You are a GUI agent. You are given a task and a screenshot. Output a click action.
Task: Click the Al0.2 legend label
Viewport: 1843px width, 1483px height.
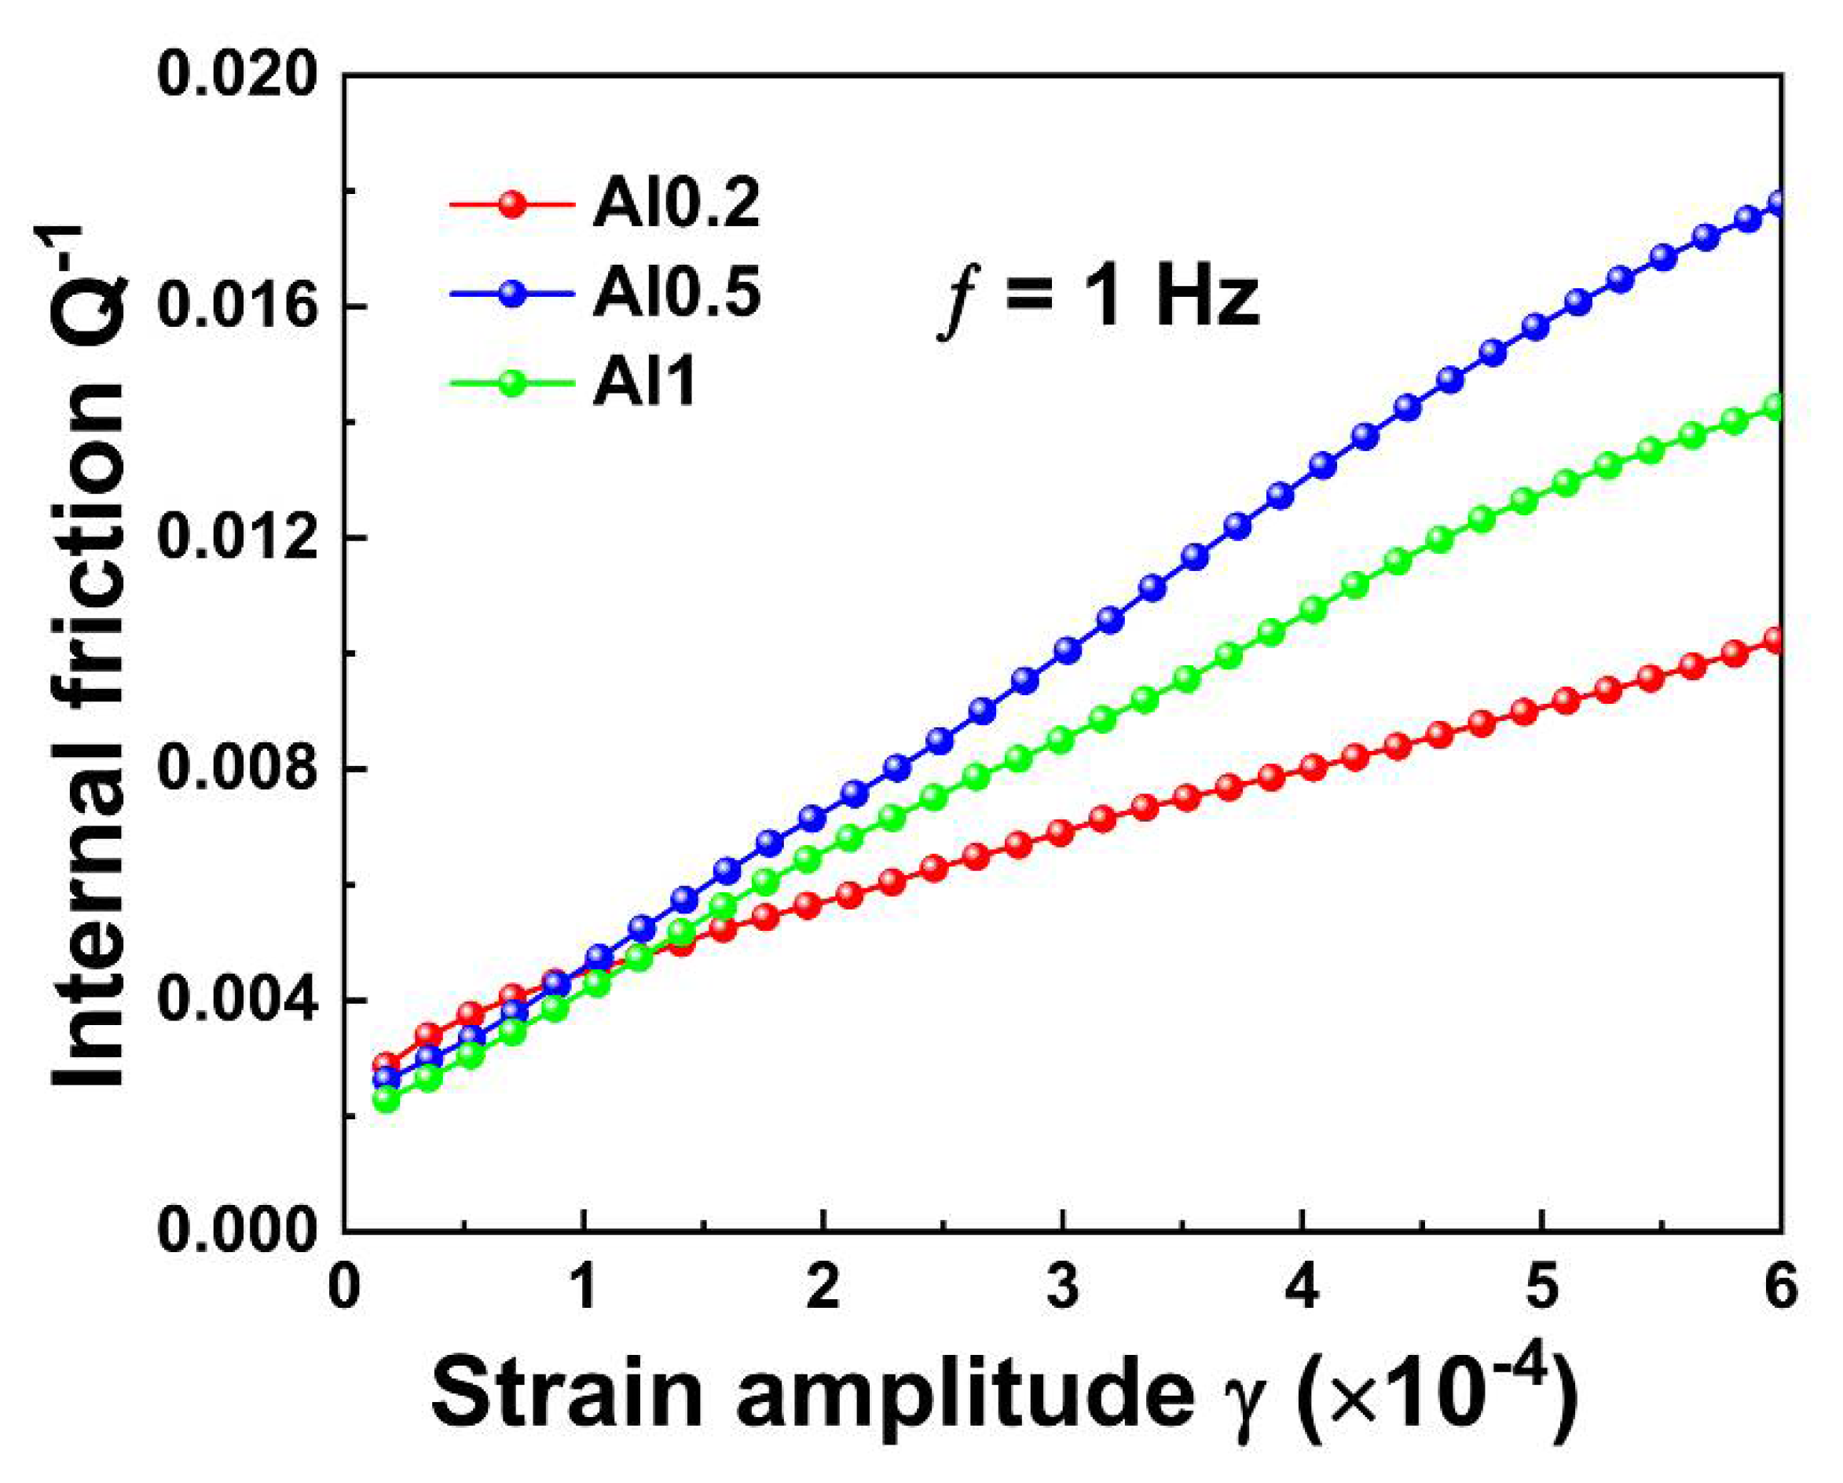(676, 205)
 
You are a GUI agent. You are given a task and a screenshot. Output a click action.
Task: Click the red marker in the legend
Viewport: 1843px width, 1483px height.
(512, 204)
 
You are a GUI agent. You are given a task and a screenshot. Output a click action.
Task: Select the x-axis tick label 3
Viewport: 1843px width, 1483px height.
(1063, 1287)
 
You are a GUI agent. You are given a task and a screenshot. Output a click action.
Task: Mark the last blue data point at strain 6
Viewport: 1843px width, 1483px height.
(1777, 203)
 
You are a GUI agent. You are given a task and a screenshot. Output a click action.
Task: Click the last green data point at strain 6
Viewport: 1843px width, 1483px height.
(1777, 407)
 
